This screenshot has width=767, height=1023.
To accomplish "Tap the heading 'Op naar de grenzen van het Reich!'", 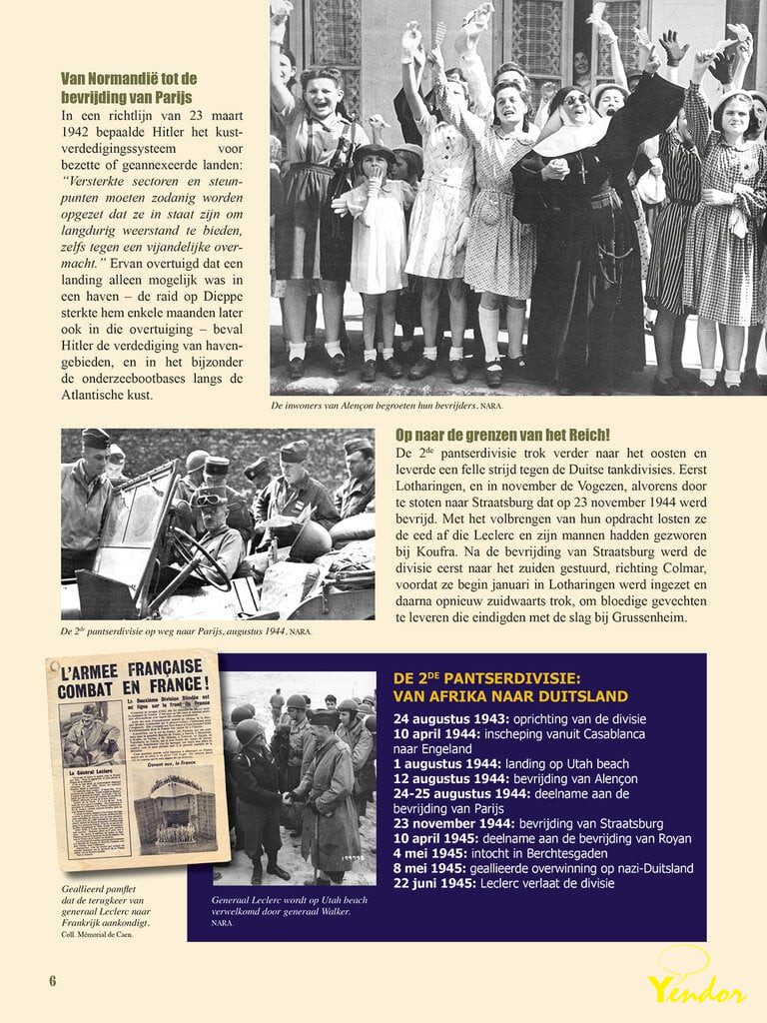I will click(x=503, y=435).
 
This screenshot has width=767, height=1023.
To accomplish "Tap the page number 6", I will click(x=53, y=980).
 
